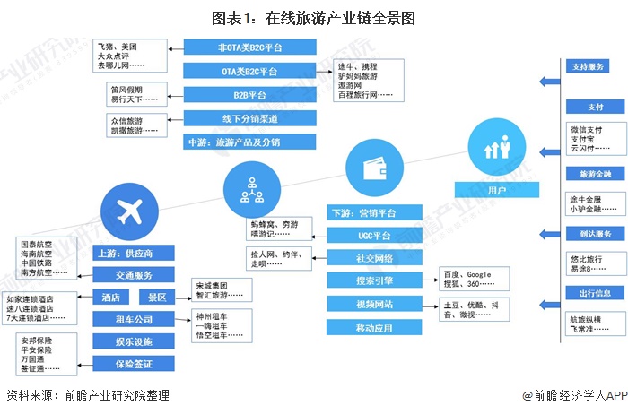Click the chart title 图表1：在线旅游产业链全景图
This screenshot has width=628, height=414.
[x=314, y=17]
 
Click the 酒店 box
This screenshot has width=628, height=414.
[x=113, y=298]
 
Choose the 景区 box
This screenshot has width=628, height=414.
[x=158, y=298]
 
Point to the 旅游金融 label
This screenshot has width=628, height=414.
[x=596, y=173]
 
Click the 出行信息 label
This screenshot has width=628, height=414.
[x=596, y=293]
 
